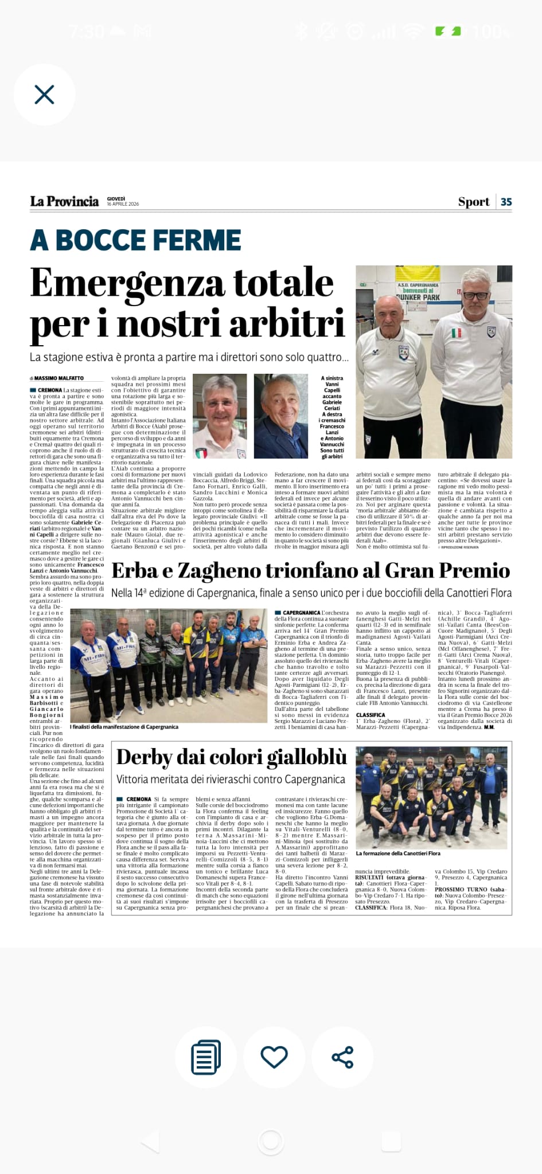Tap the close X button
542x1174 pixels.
[x=44, y=95]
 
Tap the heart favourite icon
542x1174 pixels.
[x=274, y=1056]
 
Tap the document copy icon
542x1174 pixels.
[x=206, y=1056]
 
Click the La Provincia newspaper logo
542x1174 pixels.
[x=64, y=201]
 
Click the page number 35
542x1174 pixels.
[x=506, y=202]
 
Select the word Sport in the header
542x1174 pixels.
[x=473, y=202]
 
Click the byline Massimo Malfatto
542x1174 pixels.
[x=59, y=378]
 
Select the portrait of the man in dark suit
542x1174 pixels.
[x=281, y=416]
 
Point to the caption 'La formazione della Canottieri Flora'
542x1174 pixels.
[x=398, y=854]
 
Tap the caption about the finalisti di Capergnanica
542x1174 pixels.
[x=124, y=727]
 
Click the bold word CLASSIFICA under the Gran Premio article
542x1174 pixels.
[x=371, y=715]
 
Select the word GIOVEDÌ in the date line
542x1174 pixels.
[x=116, y=198]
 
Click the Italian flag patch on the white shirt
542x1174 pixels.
[x=457, y=333]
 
